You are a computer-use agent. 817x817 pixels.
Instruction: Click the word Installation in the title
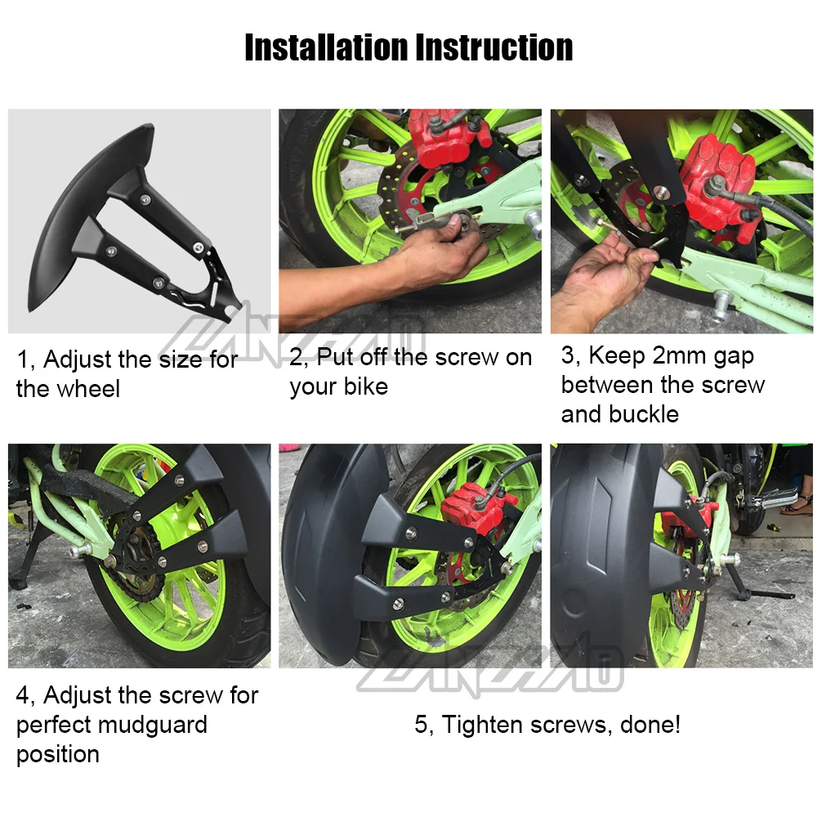327,47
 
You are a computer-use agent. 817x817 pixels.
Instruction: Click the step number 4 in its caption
24,696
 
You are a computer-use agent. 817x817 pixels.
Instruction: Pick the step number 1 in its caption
24,359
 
